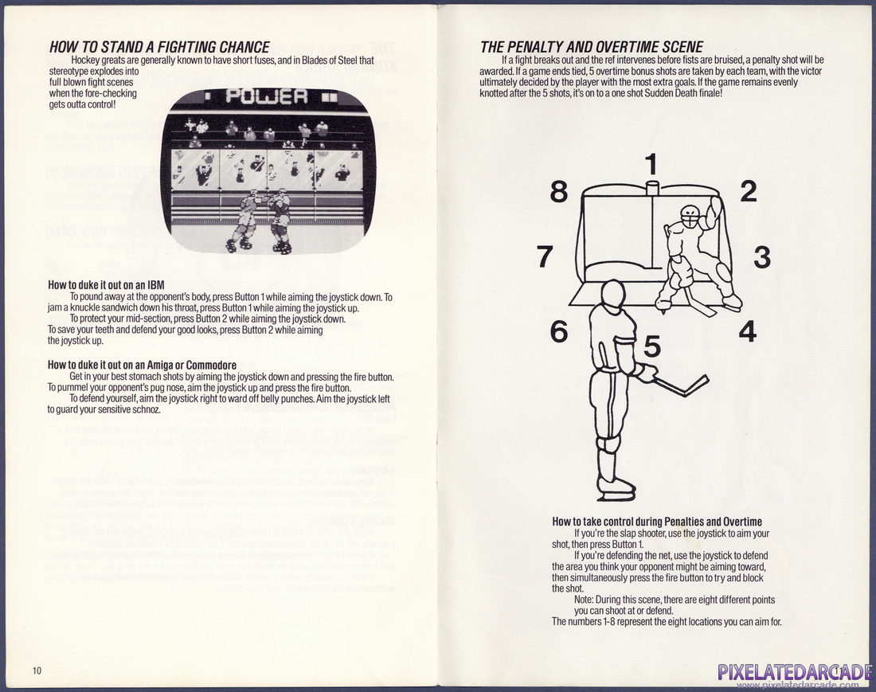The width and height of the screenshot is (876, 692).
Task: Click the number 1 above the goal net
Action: [651, 164]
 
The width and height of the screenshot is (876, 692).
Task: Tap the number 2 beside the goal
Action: [748, 192]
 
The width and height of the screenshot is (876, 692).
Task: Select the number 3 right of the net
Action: [762, 257]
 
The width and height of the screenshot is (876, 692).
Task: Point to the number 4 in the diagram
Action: [748, 331]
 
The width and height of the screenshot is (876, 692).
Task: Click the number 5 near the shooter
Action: [652, 346]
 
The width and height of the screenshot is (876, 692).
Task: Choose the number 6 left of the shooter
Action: [559, 331]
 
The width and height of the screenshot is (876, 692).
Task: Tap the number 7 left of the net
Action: [546, 256]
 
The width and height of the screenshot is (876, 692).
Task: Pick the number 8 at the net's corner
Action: [559, 192]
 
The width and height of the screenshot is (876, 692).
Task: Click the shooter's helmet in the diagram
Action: [613, 293]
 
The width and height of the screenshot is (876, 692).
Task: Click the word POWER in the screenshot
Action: [267, 96]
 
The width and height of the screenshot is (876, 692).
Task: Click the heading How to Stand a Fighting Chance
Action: [160, 47]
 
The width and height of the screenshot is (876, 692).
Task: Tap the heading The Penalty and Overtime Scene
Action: [592, 47]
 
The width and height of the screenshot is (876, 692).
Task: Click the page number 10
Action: [37, 670]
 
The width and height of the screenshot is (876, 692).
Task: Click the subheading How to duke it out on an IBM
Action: [106, 285]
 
